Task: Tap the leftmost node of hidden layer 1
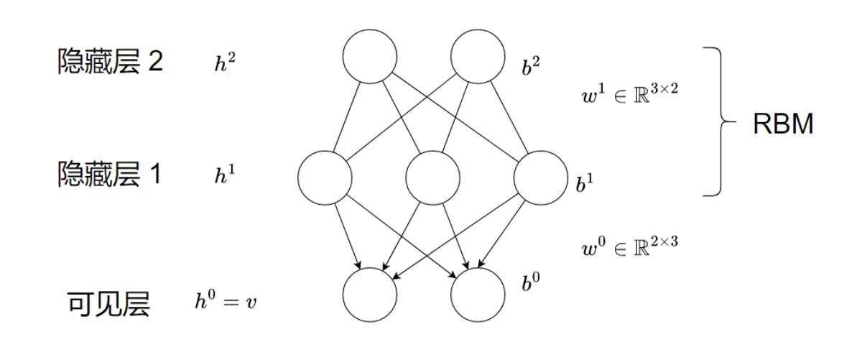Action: click(325, 177)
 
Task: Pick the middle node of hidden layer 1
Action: click(432, 177)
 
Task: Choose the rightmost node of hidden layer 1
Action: click(540, 177)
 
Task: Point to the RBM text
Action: click(783, 124)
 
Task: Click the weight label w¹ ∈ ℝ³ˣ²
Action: click(629, 96)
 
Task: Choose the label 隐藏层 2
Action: click(110, 63)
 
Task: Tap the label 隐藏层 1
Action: click(110, 175)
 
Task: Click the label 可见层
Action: click(108, 305)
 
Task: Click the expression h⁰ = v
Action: click(225, 301)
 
